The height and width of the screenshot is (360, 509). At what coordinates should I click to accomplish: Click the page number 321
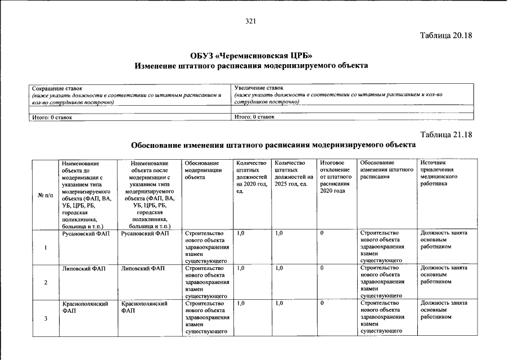pos(251,21)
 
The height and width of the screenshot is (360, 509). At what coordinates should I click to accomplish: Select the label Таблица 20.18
pos(446,35)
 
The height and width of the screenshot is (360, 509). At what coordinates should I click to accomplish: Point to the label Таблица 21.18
pos(446,135)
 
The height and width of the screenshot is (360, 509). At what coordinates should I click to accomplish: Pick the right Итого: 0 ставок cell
pos(254,117)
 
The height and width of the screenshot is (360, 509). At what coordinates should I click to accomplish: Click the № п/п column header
pos(45,195)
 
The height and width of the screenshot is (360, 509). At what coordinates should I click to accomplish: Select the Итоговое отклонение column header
pos(335,177)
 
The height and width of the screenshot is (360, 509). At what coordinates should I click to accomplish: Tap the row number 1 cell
pos(45,248)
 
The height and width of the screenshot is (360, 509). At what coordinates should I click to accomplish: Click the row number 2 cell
pos(45,282)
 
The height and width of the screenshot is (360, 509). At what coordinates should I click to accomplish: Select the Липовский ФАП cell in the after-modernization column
pos(143,269)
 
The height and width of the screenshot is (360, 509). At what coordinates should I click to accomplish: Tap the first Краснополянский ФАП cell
pos(85,307)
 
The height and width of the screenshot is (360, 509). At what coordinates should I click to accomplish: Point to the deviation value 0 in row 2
pos(322,269)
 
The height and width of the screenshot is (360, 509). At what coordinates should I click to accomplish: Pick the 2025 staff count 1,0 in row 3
pos(280,304)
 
